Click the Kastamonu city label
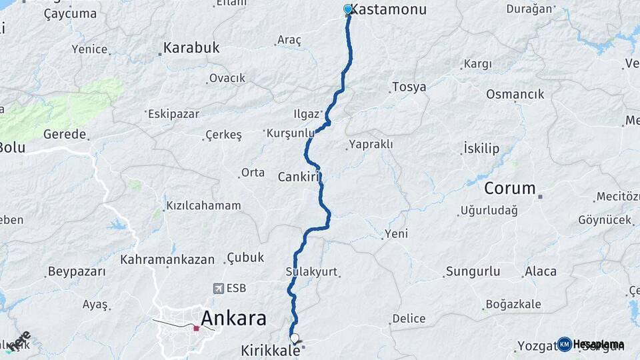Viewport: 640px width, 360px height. [x=389, y=9]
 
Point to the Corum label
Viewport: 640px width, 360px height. [x=510, y=188]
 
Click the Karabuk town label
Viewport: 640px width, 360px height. [x=191, y=48]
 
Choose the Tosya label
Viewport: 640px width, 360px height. [x=409, y=87]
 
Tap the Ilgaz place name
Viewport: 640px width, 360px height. [x=307, y=113]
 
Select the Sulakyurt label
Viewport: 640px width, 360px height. [x=311, y=272]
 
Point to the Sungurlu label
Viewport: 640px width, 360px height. [x=473, y=271]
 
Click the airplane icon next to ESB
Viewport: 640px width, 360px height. [x=218, y=288]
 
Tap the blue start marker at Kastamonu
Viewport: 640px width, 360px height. [x=348, y=9]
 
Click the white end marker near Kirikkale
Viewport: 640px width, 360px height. [x=295, y=338]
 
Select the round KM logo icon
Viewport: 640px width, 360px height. [x=565, y=344]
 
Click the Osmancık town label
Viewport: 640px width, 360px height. [x=515, y=94]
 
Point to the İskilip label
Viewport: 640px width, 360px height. [x=481, y=149]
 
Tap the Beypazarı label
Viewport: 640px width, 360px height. [x=77, y=271]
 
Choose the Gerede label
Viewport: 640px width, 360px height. [x=65, y=134]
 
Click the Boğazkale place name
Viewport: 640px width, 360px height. [x=513, y=304]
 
